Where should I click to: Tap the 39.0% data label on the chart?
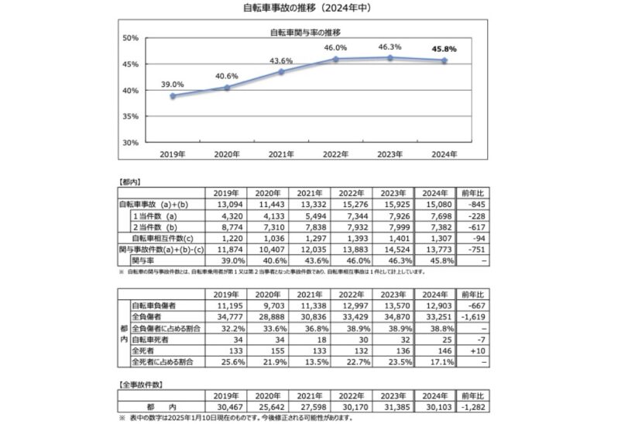(172, 84)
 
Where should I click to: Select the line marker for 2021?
(281, 72)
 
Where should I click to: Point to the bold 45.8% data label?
(443, 49)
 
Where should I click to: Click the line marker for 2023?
(390, 58)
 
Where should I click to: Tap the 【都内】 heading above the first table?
(129, 180)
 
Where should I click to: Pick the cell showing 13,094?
(225, 204)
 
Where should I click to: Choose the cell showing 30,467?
(225, 408)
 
